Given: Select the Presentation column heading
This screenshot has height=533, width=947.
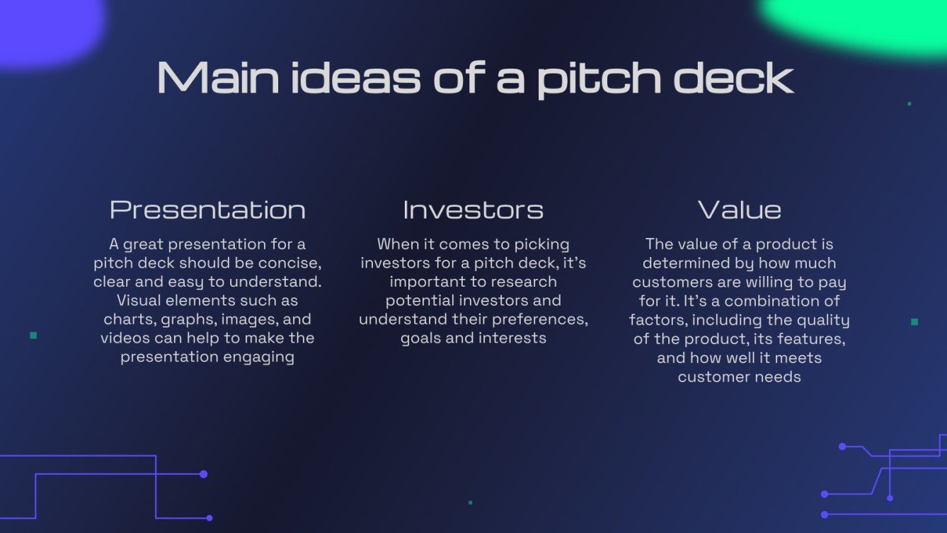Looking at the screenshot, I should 207,210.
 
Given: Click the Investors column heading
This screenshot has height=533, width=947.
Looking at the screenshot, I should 473,210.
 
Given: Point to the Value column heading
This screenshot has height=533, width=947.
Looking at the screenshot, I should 740,210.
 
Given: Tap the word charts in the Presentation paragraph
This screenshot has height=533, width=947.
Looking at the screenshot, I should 125,319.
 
